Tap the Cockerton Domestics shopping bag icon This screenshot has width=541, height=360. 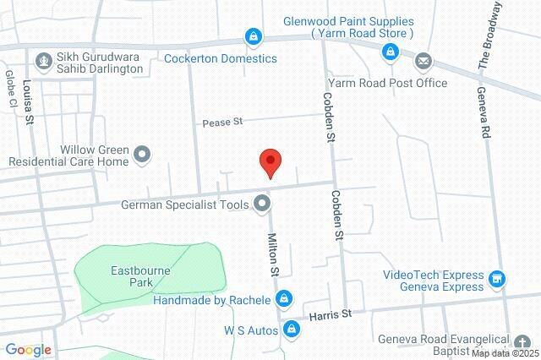(x=253, y=36)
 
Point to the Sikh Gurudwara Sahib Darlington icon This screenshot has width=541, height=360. (x=43, y=60)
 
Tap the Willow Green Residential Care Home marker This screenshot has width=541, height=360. (x=142, y=154)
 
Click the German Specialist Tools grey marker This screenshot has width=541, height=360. (x=262, y=203)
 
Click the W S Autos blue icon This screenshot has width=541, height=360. (x=292, y=328)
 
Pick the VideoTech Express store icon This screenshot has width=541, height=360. (x=498, y=278)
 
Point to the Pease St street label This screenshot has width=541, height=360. (x=222, y=123)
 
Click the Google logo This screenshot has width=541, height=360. (x=28, y=349)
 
